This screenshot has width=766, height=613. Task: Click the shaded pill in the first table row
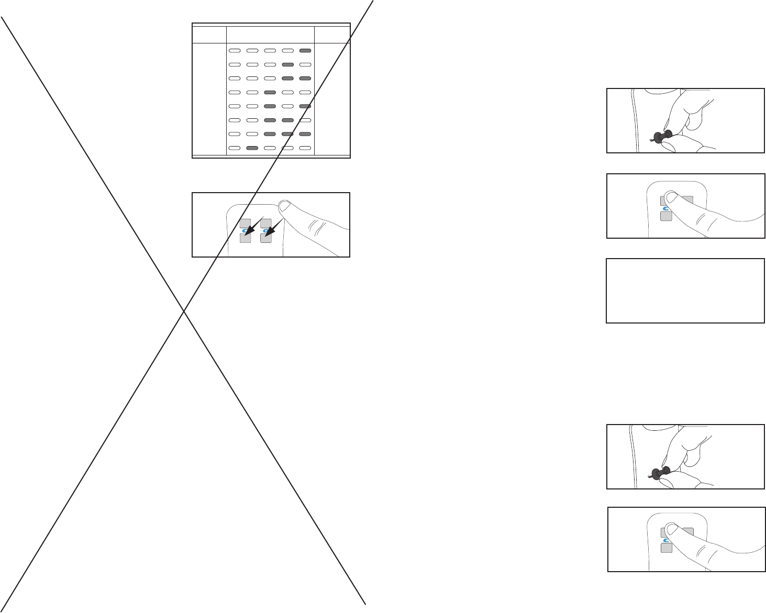point(305,51)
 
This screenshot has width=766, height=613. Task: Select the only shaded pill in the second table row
point(287,65)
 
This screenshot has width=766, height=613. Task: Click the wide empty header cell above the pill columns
point(270,35)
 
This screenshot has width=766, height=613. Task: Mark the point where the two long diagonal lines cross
point(184,312)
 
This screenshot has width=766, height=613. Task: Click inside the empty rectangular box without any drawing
point(685,291)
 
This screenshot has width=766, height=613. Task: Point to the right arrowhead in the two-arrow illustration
point(268,231)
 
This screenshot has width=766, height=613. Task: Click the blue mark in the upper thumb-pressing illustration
point(667,209)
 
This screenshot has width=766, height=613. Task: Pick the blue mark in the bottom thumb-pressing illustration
point(667,540)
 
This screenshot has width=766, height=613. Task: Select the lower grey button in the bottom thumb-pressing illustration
point(666,548)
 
